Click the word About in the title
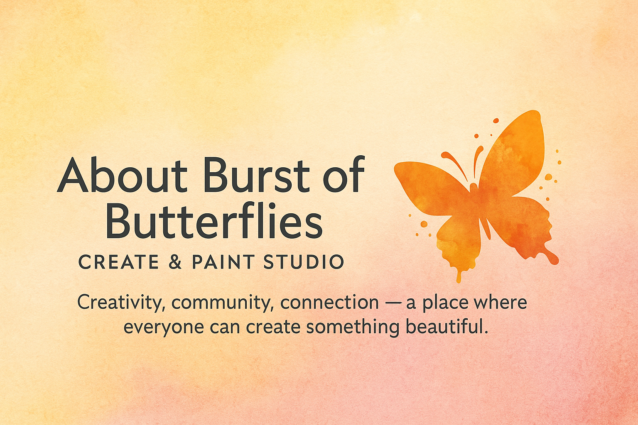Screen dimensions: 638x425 [122, 174]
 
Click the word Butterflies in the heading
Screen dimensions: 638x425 [214, 220]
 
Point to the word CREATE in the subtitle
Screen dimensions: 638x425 [118, 262]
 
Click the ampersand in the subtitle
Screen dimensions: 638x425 [175, 262]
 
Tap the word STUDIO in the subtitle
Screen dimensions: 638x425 [304, 262]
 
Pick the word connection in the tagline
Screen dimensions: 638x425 [329, 303]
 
